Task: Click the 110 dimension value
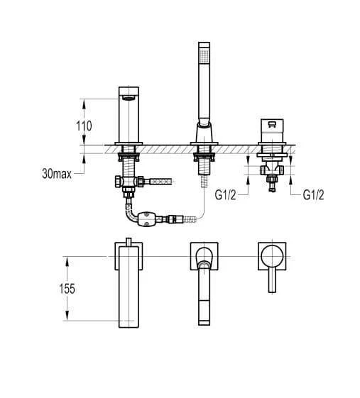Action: pyautogui.click(x=84, y=126)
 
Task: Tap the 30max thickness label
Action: pyautogui.click(x=57, y=174)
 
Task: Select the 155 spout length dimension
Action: pyautogui.click(x=67, y=289)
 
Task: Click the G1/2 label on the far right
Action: pyautogui.click(x=314, y=195)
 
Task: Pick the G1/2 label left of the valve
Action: pyautogui.click(x=225, y=195)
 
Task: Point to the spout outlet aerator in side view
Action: pyautogui.click(x=129, y=99)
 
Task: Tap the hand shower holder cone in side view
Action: pyautogui.click(x=204, y=132)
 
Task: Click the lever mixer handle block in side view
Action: pyautogui.click(x=272, y=131)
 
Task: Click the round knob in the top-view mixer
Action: pyautogui.click(x=272, y=256)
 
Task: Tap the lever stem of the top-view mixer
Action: pyautogui.click(x=272, y=280)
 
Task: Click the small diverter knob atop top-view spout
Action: pyautogui.click(x=129, y=242)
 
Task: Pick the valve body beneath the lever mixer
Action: pyautogui.click(x=271, y=170)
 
